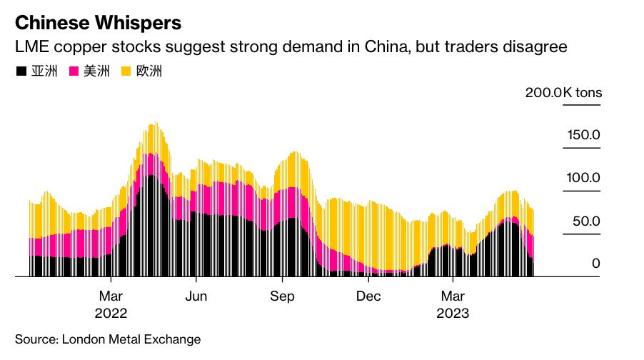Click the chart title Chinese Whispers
[x=98, y=23]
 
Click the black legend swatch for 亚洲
[x=21, y=71]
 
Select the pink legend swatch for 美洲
[x=74, y=71]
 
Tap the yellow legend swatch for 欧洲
[x=126, y=71]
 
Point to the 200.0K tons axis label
[x=563, y=93]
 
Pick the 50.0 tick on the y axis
[x=585, y=221]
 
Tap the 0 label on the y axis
[x=595, y=264]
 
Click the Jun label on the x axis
[x=196, y=296]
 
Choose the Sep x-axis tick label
[x=282, y=296]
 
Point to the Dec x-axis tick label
[x=368, y=296]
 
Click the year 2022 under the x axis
[x=111, y=314]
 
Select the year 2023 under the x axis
[x=453, y=314]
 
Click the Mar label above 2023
[x=453, y=296]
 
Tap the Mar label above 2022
[x=111, y=296]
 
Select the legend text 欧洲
[x=149, y=71]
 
